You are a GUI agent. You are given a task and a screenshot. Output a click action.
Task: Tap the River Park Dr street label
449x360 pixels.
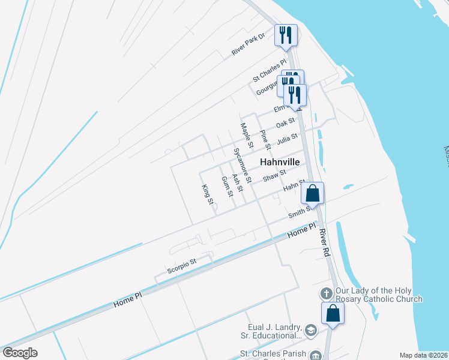(248, 45)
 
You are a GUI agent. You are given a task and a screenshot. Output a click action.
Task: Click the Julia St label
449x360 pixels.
(287, 140)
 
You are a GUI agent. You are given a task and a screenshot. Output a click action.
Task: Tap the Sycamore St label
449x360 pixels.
(242, 165)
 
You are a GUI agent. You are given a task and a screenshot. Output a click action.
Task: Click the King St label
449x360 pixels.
(208, 194)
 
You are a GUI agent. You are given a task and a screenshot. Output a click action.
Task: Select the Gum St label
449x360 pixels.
(226, 187)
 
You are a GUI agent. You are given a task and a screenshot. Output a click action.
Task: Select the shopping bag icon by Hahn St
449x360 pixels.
(313, 193)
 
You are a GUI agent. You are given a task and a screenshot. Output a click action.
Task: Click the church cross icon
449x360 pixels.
(326, 294)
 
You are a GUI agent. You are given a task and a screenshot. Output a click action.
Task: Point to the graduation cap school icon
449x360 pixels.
(311, 329)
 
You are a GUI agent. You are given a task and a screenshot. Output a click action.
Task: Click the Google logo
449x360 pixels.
(20, 353)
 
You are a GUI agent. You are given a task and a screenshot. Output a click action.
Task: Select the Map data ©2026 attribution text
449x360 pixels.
(423, 355)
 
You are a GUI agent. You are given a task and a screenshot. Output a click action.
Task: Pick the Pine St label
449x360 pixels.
(264, 140)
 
